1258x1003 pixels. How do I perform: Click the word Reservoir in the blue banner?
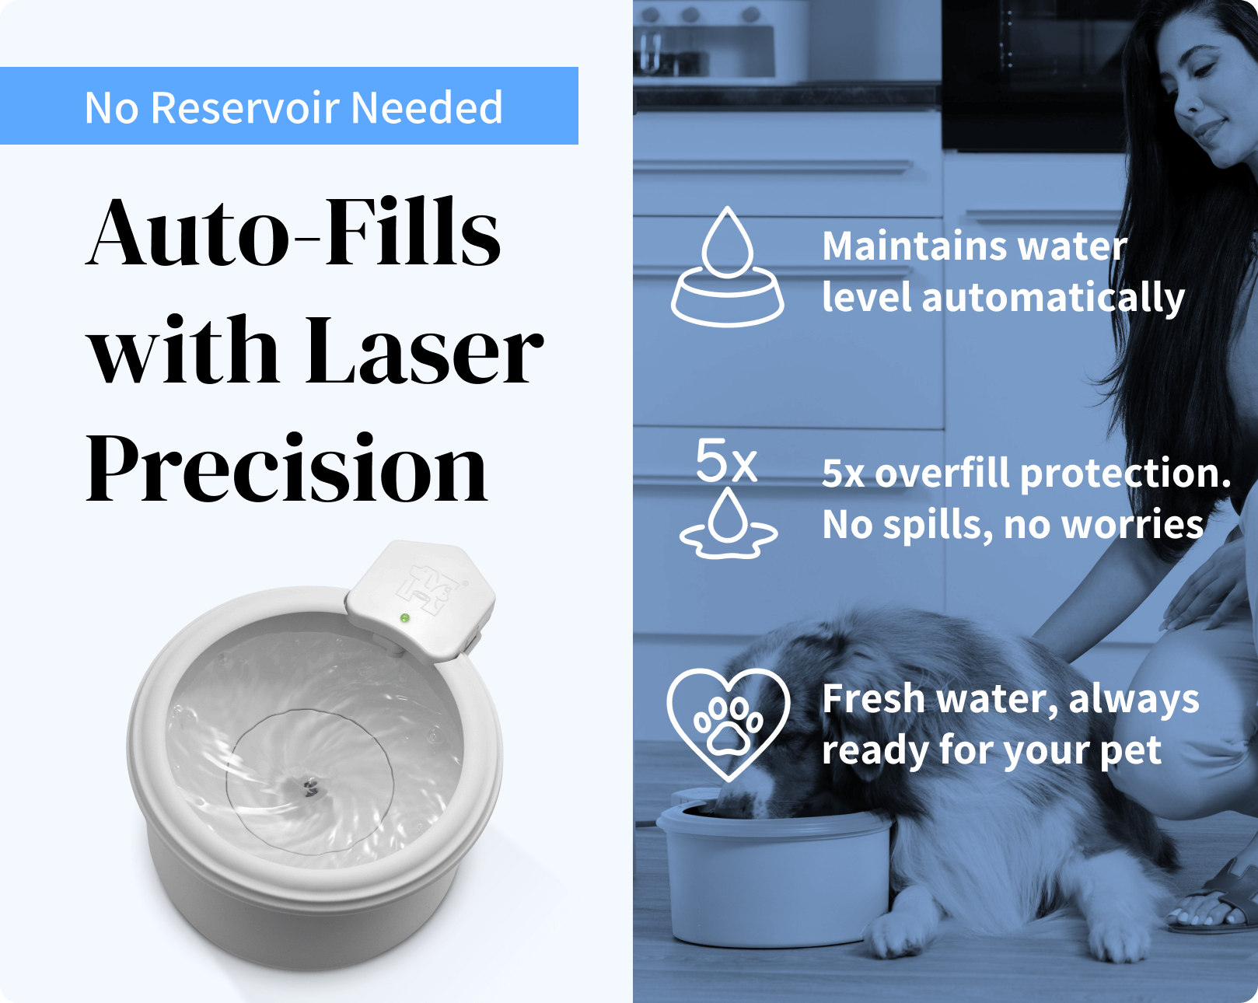point(245,107)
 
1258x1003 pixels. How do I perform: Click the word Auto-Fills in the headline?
point(293,232)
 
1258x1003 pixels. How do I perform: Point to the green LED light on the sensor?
point(404,617)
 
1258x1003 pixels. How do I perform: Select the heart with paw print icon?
point(729,724)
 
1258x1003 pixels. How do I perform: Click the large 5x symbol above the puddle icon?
point(726,460)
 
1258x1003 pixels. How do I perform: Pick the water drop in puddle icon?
point(729,524)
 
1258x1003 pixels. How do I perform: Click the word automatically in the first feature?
point(1053,299)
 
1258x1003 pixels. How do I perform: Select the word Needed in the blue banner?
point(427,107)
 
